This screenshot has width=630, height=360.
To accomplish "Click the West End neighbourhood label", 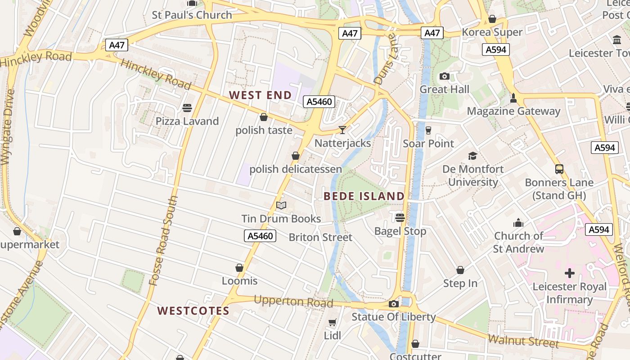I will (x=260, y=95).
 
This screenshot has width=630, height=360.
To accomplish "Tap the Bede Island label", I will (x=364, y=196).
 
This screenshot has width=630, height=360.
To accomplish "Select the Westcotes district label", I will (x=193, y=311).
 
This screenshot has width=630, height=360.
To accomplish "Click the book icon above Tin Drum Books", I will (x=281, y=206).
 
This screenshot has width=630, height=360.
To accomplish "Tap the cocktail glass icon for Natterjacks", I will (x=342, y=130).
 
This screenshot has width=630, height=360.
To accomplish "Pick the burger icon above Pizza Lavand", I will (x=187, y=108).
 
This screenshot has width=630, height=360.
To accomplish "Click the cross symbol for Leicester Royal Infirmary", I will (x=570, y=273).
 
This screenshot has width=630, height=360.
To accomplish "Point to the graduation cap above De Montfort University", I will (x=472, y=156).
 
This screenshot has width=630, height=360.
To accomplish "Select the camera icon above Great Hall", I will (x=445, y=76).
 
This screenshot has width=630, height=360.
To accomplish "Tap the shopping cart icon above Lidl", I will (x=332, y=322).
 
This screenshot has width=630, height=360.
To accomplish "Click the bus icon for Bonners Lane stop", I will (x=559, y=169).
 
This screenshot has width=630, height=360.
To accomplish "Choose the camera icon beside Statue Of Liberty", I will (x=394, y=304).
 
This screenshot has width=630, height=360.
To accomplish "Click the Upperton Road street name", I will (x=293, y=301).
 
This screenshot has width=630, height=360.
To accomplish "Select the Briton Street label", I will (x=320, y=237).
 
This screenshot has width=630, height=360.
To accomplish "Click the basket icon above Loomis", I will (x=239, y=268).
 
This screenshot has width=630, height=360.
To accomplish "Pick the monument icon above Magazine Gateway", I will (x=513, y=98).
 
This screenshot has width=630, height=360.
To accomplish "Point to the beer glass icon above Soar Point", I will (x=428, y=130).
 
